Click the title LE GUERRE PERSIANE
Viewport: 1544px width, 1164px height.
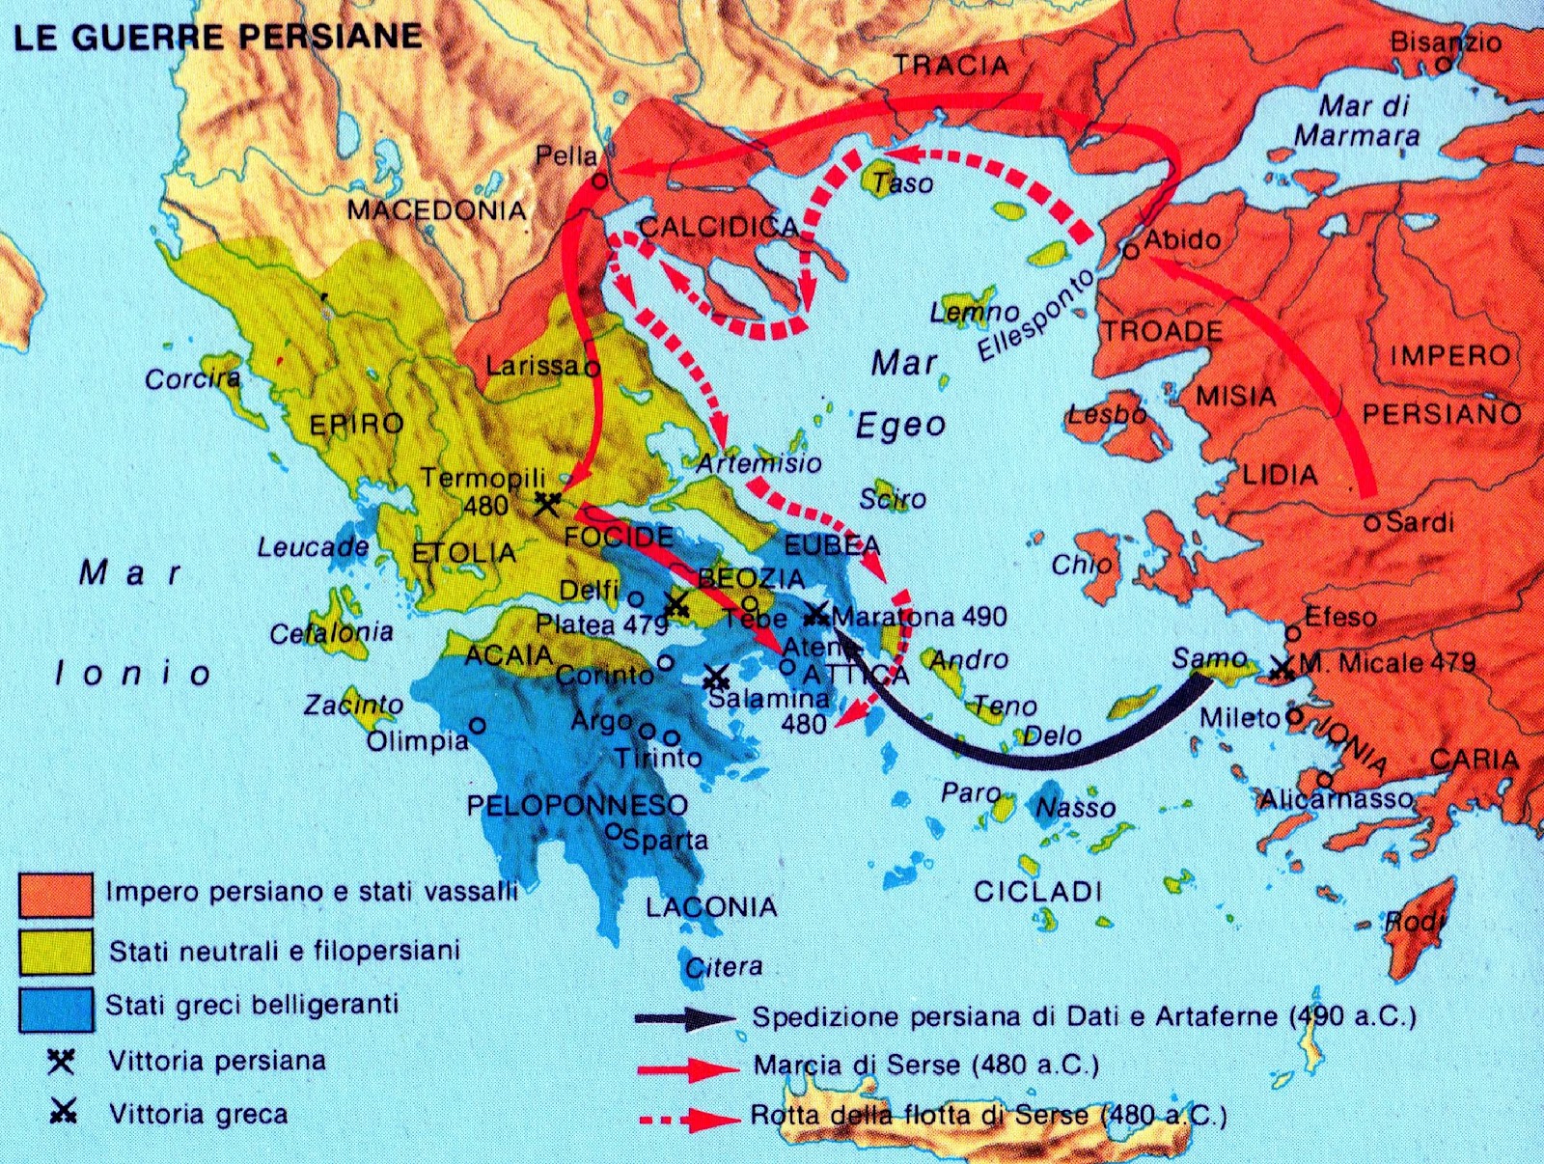[x=217, y=37]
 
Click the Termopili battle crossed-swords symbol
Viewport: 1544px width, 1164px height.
[x=547, y=502]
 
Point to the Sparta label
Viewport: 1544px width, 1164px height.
[x=665, y=840]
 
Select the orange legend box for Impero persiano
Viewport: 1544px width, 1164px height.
[x=56, y=894]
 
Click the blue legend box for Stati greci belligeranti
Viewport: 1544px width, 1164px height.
[x=56, y=1009]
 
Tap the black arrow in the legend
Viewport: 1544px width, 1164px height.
[x=685, y=1018]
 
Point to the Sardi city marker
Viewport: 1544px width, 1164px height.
[x=1372, y=524]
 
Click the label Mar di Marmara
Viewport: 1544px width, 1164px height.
[x=1359, y=121]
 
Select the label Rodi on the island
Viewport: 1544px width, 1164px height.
[x=1416, y=922]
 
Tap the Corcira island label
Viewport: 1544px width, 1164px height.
[x=192, y=378]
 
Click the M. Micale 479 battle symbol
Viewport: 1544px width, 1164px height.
[x=1282, y=668]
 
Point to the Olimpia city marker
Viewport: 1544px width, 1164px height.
[x=477, y=725]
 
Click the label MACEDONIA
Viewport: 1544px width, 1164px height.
[x=436, y=209]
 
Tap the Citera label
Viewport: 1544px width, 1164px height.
[x=724, y=966]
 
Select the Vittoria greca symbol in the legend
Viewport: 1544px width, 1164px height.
[x=63, y=1113]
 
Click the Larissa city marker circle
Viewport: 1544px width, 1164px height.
[x=593, y=368]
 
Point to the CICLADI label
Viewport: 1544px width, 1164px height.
[x=1037, y=891]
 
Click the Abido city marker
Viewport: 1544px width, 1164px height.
[x=1131, y=252]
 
